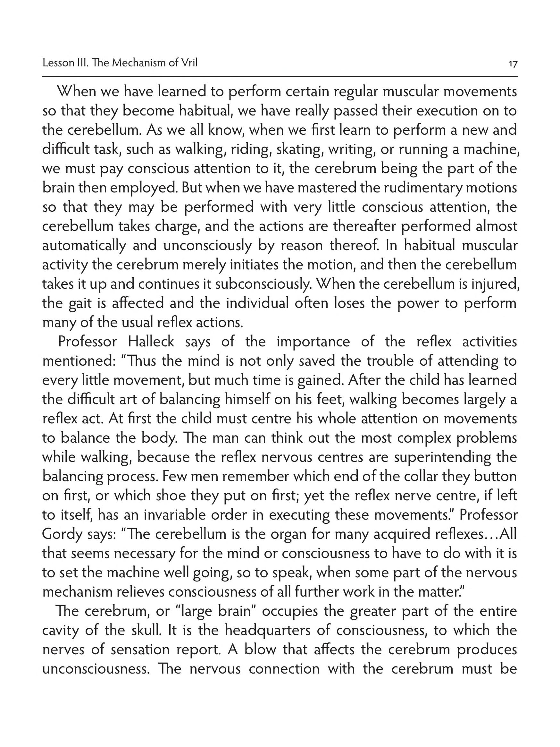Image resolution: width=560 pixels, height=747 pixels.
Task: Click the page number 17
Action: [x=513, y=64]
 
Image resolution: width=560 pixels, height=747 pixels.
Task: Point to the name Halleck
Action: [x=151, y=342]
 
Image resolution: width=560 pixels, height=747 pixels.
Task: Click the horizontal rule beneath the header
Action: [x=280, y=77]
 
